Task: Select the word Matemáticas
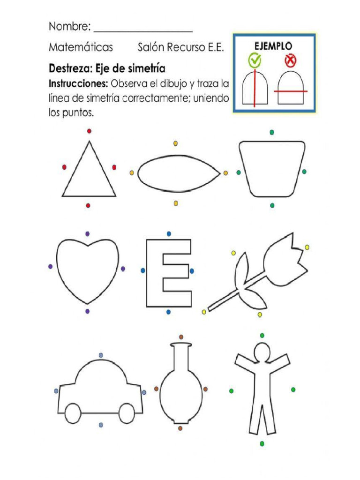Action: coord(81,47)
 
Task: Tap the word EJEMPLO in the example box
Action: coord(273,46)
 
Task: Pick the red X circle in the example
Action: coord(290,60)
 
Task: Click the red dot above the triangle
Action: coord(89,131)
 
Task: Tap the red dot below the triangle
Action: coord(89,205)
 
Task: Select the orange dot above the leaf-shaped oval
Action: coord(176,143)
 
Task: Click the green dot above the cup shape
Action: coord(272,132)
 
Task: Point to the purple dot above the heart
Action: coord(88,233)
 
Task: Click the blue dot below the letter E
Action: coord(169,312)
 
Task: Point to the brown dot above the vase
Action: coord(181,337)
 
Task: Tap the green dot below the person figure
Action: coord(262,443)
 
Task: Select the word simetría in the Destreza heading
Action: coord(146,69)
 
